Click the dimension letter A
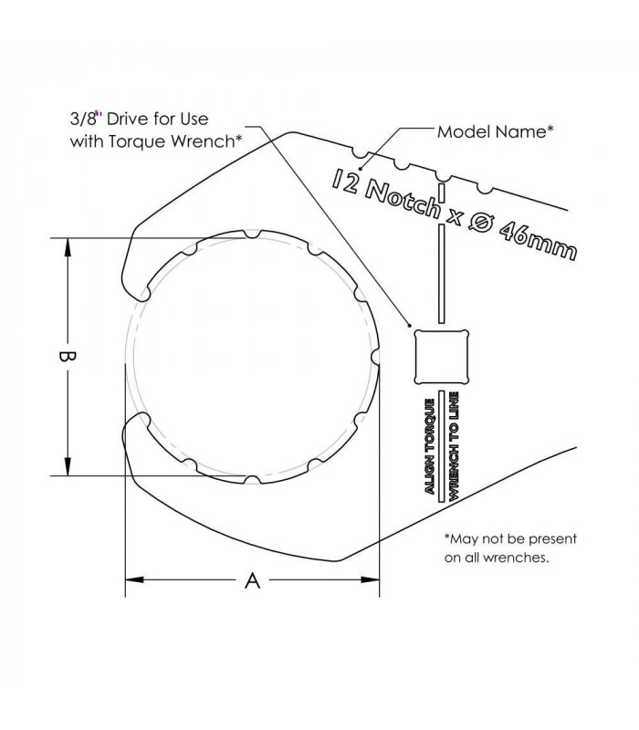point(253,580)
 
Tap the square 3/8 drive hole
point(441,357)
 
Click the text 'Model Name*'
point(496,131)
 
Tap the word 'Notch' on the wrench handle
point(402,200)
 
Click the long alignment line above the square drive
point(442,273)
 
